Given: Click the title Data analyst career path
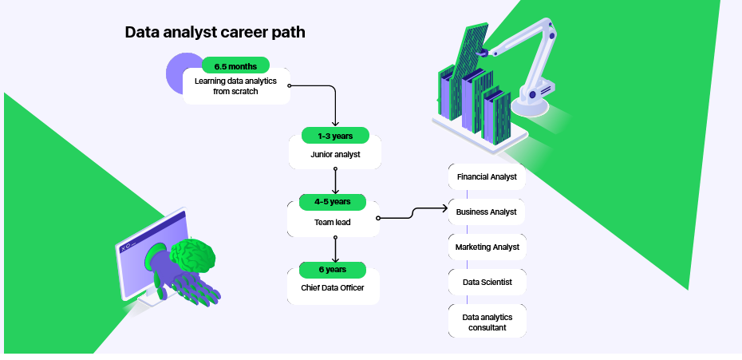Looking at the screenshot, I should click(215, 33).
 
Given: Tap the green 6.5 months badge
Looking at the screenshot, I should click(235, 65).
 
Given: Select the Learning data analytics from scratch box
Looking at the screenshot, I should click(235, 87).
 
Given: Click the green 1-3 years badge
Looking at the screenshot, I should click(335, 136).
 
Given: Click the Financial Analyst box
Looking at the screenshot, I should click(487, 176).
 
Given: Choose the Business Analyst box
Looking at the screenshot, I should click(487, 212).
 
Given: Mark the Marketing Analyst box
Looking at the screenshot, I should click(487, 247).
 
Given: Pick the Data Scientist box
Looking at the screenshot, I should click(487, 283).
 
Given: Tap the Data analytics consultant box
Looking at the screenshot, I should click(487, 322).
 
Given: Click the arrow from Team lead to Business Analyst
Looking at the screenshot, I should click(412, 213).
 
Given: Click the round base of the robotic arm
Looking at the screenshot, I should click(531, 99).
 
